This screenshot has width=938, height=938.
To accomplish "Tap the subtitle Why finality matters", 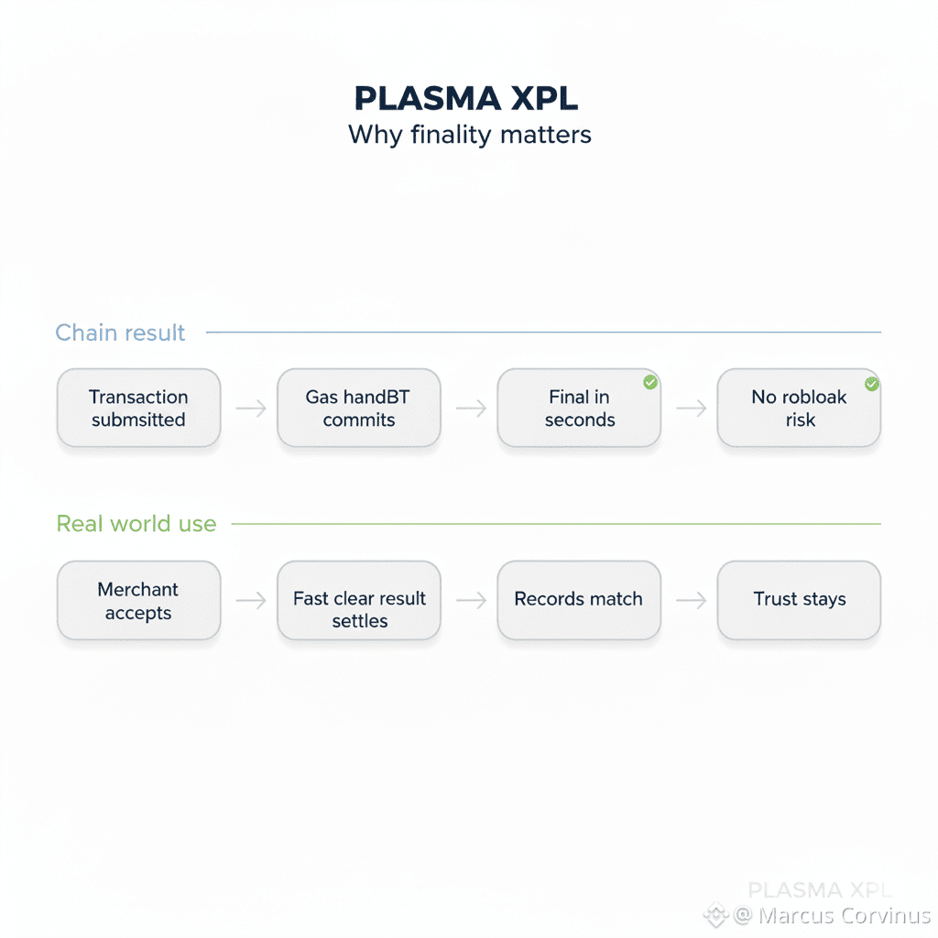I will [469, 135].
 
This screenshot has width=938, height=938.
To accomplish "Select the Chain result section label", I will [120, 333].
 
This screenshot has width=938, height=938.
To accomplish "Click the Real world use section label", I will [136, 524].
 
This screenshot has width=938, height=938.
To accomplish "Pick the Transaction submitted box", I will [138, 409].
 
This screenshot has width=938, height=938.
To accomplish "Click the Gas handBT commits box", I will [358, 409].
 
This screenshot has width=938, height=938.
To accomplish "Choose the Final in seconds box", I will [578, 409].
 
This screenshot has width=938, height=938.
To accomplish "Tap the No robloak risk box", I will [798, 409].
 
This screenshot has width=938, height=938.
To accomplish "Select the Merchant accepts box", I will [138, 600].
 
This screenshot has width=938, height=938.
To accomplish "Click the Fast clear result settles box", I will [358, 600].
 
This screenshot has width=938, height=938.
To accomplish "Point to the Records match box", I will [578, 600].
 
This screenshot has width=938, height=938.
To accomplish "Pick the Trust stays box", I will [798, 600].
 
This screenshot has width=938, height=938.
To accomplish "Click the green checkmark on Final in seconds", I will [650, 382].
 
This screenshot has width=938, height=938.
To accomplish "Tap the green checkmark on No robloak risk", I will [871, 383].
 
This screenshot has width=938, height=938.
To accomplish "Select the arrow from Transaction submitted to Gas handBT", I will [249, 409].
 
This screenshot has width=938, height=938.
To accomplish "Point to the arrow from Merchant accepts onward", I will [249, 600].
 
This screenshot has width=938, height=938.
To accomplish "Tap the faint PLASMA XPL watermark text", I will [819, 889].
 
